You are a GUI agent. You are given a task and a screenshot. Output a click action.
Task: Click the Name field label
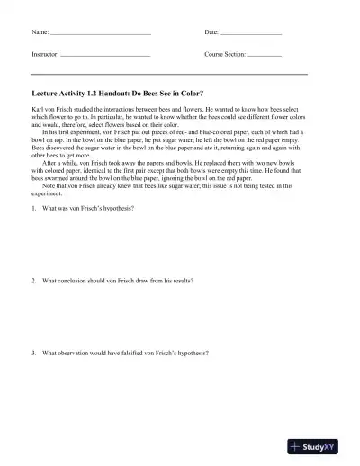pos(40,32)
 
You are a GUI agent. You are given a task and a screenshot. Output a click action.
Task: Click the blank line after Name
pos(100,34)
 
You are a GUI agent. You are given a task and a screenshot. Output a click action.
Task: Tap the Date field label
pos(211,32)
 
